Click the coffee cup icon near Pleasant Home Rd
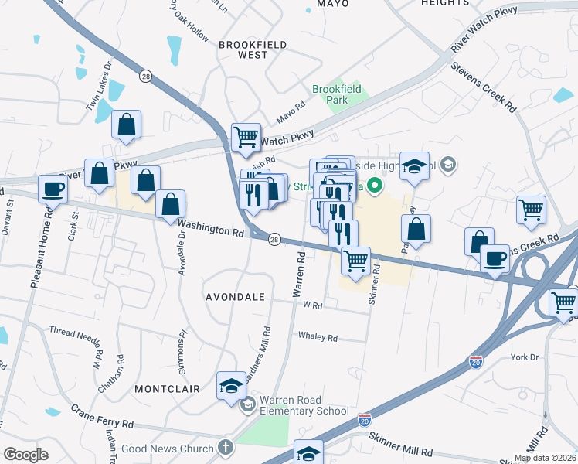53,189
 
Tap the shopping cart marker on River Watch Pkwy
246,138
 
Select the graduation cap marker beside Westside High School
414,166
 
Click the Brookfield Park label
332,95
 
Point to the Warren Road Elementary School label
304,405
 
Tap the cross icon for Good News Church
225,448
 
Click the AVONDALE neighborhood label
235,297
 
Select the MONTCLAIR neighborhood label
167,389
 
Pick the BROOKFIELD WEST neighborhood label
243,49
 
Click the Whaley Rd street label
318,338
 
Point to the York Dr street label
523,357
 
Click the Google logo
25,455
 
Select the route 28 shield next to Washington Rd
274,241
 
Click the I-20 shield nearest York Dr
477,361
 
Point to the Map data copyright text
544,458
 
